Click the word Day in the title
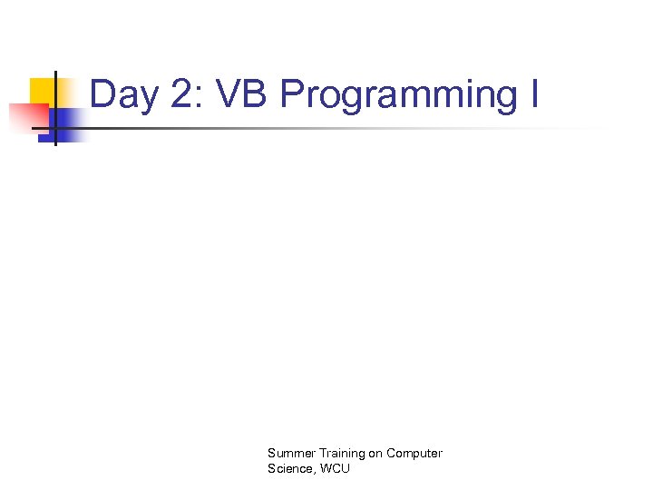pyautogui.click(x=122, y=95)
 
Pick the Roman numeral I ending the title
pyautogui.click(x=533, y=94)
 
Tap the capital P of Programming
pyautogui.click(x=292, y=94)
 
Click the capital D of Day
pyautogui.click(x=102, y=94)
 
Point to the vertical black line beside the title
pyautogui.click(x=55, y=109)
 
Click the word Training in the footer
pyautogui.click(x=336, y=453)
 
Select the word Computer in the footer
pyautogui.click(x=414, y=453)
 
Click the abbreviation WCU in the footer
pyautogui.click(x=334, y=468)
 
